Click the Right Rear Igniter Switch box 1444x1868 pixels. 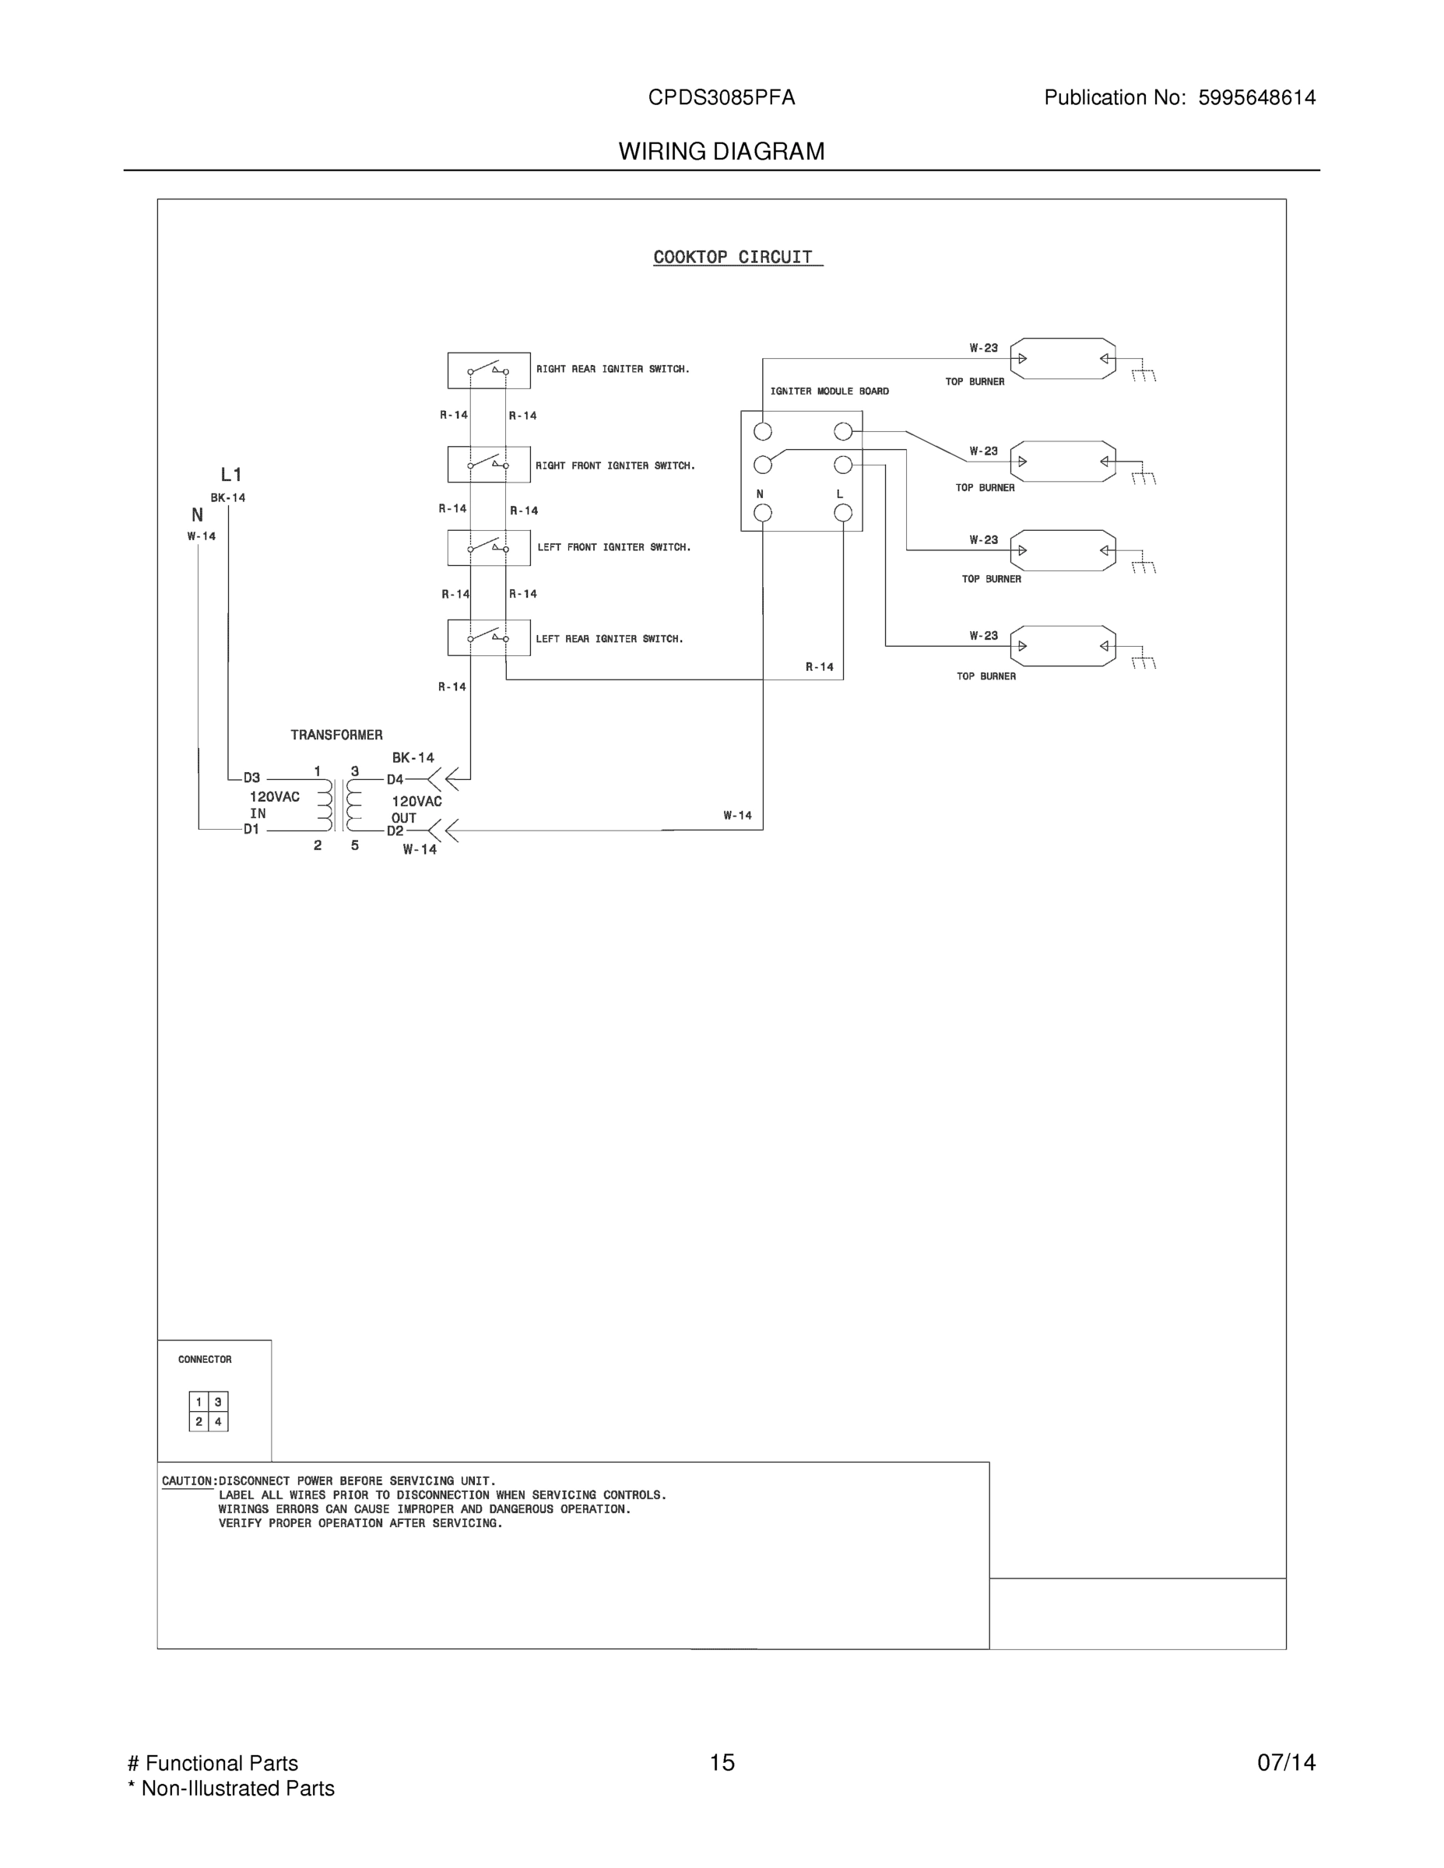pos(488,370)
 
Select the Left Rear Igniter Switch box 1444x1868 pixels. pos(488,638)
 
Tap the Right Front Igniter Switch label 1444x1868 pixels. pos(615,466)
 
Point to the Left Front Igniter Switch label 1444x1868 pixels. pos(613,547)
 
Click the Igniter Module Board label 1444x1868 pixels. pos(829,392)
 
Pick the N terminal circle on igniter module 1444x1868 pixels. pos(762,512)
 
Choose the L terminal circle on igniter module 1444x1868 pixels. pos(842,512)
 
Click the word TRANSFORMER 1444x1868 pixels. pos(336,735)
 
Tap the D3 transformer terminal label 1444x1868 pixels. pos(251,778)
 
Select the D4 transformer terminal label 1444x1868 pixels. pos(395,779)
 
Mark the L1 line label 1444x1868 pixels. pos(231,475)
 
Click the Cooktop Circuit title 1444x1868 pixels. pos(733,258)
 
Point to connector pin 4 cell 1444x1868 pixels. pos(218,1421)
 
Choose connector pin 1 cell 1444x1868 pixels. pos(199,1402)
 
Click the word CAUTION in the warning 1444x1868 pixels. pos(188,1480)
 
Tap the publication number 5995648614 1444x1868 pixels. pos(1256,97)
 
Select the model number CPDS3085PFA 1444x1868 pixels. pos(721,97)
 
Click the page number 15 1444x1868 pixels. pos(721,1763)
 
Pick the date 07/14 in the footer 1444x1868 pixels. pos(1286,1763)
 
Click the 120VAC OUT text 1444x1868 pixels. pos(416,809)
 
